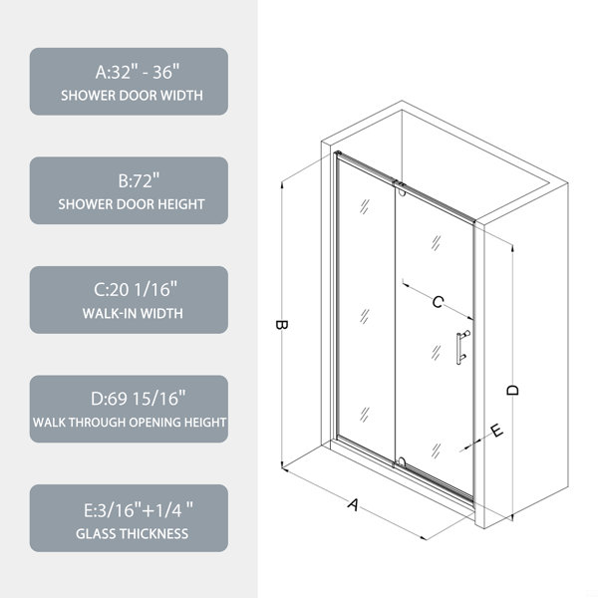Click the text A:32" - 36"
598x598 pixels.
coord(138,72)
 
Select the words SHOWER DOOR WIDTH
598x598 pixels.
coord(132,96)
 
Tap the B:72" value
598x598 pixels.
coord(139,180)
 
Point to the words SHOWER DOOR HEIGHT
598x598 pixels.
coord(132,204)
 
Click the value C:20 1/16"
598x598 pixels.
coord(136,289)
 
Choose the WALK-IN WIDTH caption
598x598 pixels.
coord(133,314)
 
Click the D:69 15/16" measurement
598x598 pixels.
coord(139,399)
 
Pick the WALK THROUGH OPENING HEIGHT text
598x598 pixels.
coord(130,423)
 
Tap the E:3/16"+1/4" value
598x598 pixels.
coord(139,510)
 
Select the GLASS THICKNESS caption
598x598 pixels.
coord(132,533)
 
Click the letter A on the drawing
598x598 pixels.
coord(354,504)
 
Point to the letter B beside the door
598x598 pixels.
coord(281,325)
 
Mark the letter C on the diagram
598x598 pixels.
coord(438,302)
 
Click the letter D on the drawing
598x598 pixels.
coord(513,390)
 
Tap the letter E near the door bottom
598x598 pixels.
coord(496,431)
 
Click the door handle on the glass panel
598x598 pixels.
coord(462,348)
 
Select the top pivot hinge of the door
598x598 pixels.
coord(400,188)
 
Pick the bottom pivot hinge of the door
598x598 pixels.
coord(400,462)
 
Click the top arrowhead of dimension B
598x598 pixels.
coord(282,185)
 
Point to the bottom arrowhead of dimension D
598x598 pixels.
coord(512,517)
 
